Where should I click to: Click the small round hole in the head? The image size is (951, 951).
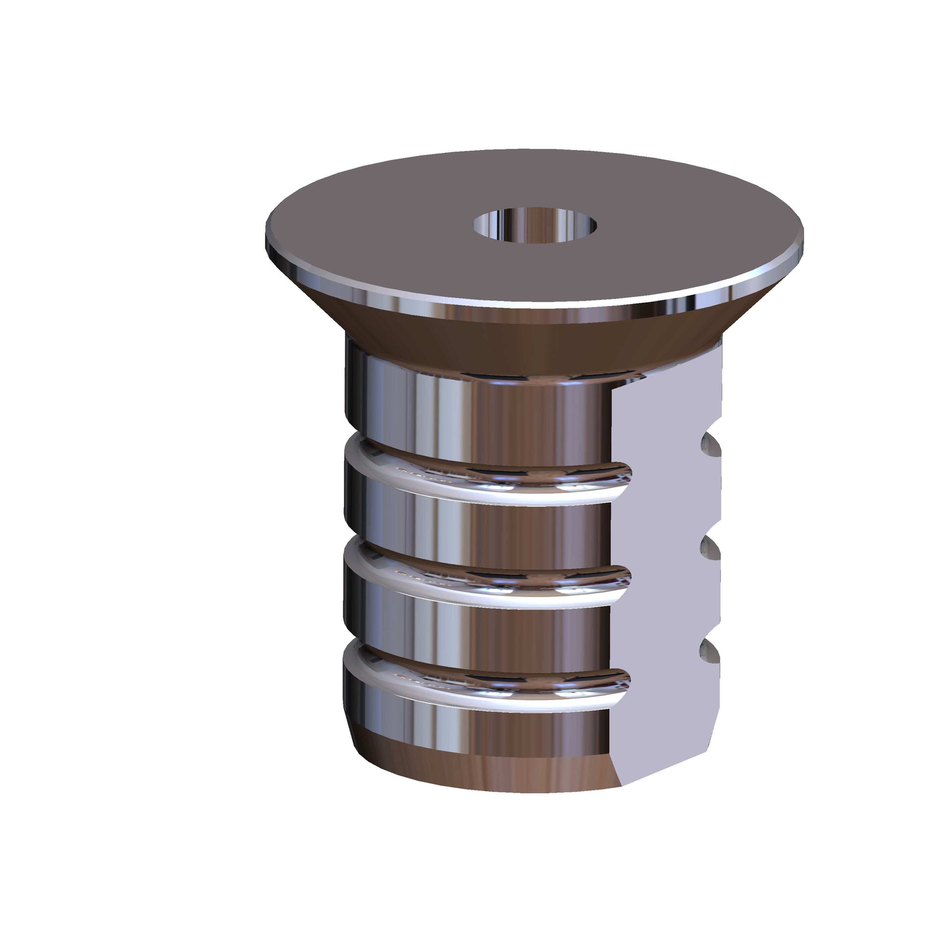pos(535,225)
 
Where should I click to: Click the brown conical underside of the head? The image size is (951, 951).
pos(492,345)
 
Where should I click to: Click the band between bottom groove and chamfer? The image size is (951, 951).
pos(468,729)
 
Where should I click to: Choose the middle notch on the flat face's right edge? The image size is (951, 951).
pos(710,548)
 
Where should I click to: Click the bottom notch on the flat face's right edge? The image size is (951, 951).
pos(710,651)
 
